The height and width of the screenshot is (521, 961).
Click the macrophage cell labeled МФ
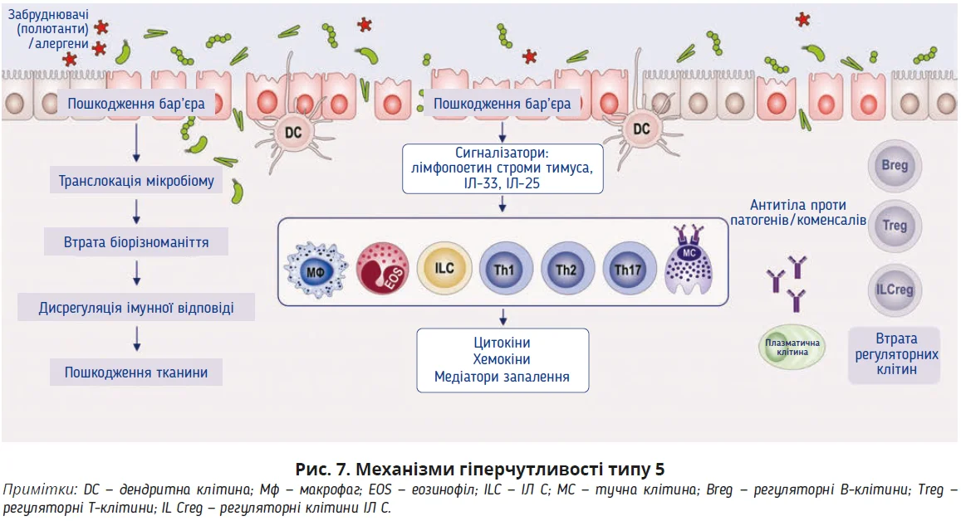tap(313, 271)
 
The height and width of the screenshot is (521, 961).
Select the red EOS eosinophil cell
tap(382, 270)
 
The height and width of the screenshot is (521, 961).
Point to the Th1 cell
tap(503, 270)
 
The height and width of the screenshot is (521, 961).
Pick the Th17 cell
tap(628, 270)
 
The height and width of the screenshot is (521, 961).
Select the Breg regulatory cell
tap(895, 165)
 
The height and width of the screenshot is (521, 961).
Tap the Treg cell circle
tap(895, 226)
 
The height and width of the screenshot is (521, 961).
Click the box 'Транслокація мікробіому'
tap(135, 181)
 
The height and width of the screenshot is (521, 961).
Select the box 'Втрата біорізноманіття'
tap(135, 244)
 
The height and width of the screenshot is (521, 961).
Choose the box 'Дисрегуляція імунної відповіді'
tap(135, 308)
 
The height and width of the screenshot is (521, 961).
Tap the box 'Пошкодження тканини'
tap(135, 372)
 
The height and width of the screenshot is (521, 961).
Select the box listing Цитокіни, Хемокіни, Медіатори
tap(502, 360)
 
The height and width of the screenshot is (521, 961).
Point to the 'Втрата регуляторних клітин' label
tap(895, 354)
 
